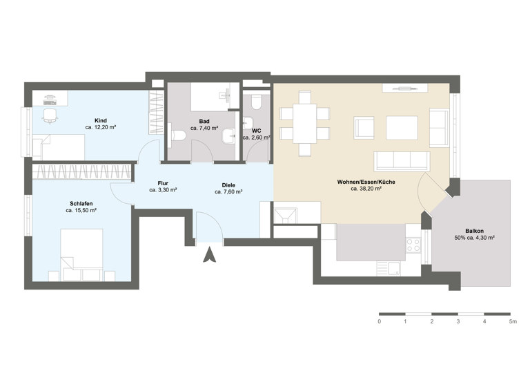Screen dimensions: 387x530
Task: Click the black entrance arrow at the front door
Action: coord(210,257)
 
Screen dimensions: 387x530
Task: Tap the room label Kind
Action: coord(100,120)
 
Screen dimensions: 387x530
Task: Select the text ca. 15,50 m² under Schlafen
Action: coord(80,210)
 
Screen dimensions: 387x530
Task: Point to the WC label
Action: coord(256,130)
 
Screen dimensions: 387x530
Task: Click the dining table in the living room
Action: coord(304,122)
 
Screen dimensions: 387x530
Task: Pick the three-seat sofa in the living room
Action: coord(402,161)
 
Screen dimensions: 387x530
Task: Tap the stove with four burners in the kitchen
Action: coord(413,245)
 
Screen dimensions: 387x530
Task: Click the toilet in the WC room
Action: coord(256,103)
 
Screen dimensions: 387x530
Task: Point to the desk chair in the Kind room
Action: coord(50,115)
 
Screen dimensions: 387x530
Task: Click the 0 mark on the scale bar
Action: coord(379,322)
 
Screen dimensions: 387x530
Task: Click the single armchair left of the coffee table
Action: coord(364,128)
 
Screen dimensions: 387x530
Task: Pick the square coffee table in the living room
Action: coord(402,128)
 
